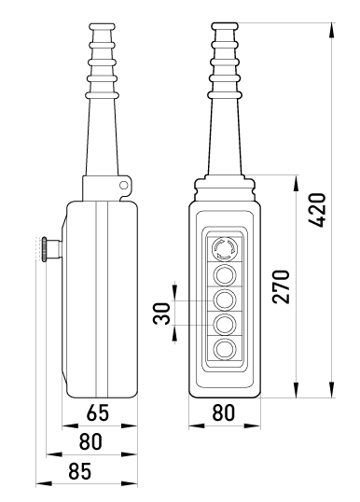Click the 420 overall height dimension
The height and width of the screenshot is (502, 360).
point(317,210)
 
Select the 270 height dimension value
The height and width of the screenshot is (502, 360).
point(282,286)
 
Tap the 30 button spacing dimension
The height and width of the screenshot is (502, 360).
point(161,314)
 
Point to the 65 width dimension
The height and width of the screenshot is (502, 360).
point(98,413)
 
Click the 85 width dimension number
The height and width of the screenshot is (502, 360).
point(80,471)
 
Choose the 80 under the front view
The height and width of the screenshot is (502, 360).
point(223,412)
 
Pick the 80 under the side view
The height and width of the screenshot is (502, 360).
point(90,441)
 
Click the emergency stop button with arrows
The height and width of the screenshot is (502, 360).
point(225,248)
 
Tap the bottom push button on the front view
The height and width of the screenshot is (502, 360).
point(225,349)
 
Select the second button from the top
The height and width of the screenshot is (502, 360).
point(225,274)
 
